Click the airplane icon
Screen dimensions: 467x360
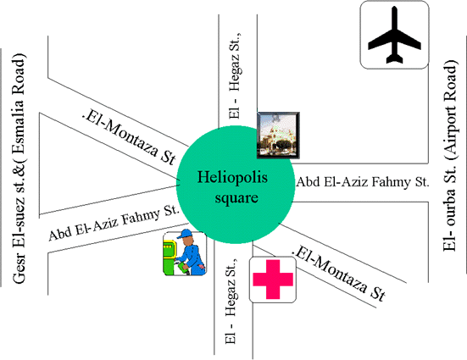pos(394,35)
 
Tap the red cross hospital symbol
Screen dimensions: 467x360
pos(273,280)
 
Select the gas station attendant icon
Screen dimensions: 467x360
pos(185,253)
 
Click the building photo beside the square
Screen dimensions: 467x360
pos(278,136)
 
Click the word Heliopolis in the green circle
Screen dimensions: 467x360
pos(232,178)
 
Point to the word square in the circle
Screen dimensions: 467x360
pos(236,198)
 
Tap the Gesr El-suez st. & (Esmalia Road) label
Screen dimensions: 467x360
pos(19,169)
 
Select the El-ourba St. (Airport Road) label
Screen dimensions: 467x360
pos(449,155)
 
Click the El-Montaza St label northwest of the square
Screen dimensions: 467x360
pos(129,138)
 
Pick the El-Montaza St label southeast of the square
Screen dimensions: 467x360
pos(339,273)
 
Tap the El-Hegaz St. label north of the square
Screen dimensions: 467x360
pos(235,75)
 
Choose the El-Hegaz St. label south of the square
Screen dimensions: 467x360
pos(231,301)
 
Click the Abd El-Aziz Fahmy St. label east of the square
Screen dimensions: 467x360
pos(363,181)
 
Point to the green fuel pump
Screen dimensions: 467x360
pos(170,256)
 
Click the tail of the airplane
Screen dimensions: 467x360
pos(394,58)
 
